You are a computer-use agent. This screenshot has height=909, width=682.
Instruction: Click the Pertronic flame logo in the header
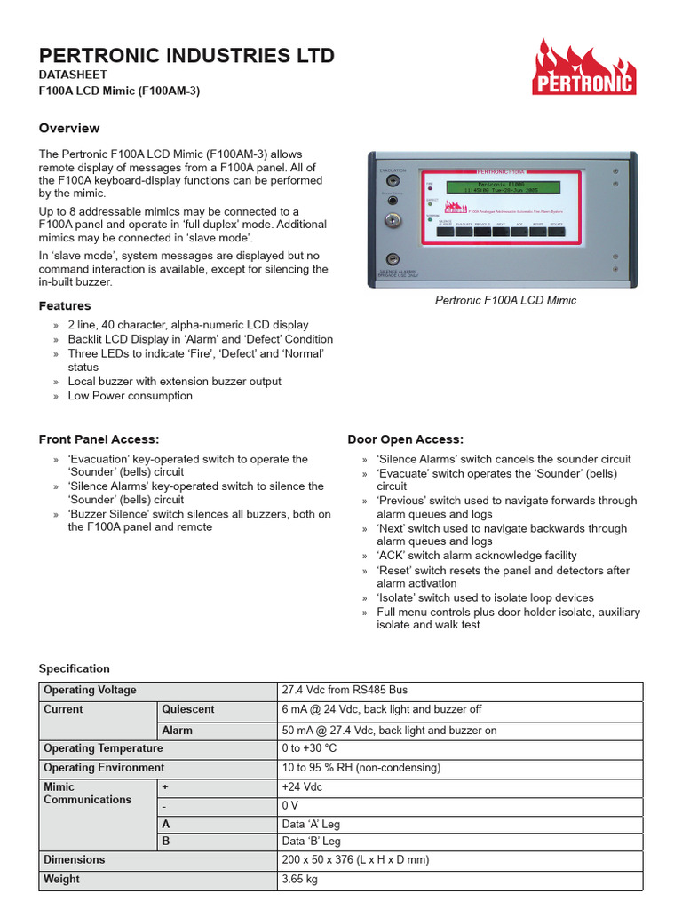coord(583,68)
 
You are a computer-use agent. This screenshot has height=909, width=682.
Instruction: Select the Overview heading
coord(69,128)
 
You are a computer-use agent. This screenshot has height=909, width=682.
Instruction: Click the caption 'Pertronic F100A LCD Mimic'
coord(505,300)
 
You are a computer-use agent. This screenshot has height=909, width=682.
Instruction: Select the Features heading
coord(65,306)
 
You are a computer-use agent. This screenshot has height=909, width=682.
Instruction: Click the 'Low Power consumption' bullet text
coord(130,396)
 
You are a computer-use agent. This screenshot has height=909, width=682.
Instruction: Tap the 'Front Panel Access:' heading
coord(99,439)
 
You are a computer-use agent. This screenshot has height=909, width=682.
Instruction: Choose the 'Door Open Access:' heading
coord(405,439)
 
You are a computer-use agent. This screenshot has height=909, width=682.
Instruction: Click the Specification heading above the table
coord(75,668)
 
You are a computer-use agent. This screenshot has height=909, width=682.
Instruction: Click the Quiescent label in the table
coord(187,709)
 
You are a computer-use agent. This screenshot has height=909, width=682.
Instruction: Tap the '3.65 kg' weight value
coord(299,879)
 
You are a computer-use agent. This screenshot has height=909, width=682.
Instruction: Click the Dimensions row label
coord(74,859)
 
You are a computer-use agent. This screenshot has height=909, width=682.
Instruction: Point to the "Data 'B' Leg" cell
coord(311,841)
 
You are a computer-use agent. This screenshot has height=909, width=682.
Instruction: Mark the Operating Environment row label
coord(104,767)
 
